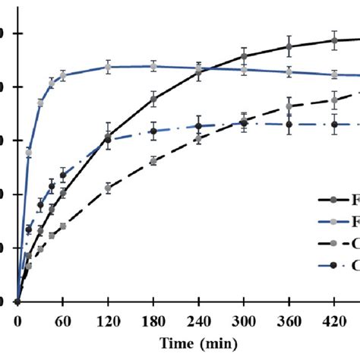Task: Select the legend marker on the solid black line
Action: (333, 201)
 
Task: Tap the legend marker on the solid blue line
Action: (333, 222)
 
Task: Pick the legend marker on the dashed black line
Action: (333, 244)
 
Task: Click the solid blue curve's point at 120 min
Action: (108, 68)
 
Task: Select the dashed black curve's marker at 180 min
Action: (153, 161)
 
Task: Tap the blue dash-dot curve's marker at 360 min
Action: (289, 125)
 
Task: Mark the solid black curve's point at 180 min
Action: (153, 99)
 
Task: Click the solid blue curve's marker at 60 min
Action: (62, 75)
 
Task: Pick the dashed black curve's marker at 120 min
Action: (108, 187)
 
